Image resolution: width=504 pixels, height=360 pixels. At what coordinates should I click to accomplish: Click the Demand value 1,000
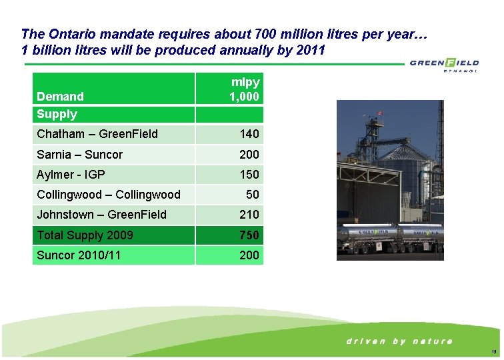[244, 97]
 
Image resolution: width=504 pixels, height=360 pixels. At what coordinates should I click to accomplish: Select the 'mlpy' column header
[245, 82]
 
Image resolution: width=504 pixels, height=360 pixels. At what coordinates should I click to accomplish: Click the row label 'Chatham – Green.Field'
[97, 134]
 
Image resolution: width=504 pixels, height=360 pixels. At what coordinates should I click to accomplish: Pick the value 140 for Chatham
[249, 134]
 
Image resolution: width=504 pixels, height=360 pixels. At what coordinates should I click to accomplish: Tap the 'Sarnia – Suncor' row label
[80, 155]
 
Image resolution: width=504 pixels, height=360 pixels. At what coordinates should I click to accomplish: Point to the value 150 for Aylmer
[249, 175]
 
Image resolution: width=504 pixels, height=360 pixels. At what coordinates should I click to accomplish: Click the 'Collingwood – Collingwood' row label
[109, 195]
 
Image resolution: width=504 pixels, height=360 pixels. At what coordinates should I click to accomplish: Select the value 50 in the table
[253, 195]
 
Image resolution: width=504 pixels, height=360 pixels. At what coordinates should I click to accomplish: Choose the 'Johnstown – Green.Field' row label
[102, 215]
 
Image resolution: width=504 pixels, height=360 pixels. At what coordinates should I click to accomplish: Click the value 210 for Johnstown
[249, 215]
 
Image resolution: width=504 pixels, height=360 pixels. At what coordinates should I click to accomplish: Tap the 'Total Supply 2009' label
[85, 235]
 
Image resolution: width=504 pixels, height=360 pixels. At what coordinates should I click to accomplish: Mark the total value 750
[249, 235]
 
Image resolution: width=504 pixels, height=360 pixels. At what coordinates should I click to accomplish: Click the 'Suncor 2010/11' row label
[79, 255]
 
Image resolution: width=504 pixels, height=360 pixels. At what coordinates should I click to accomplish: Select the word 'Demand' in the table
[61, 97]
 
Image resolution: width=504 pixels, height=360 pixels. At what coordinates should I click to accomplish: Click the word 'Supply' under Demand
[57, 114]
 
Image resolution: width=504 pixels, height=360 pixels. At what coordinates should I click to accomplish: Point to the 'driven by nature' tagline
[399, 341]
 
